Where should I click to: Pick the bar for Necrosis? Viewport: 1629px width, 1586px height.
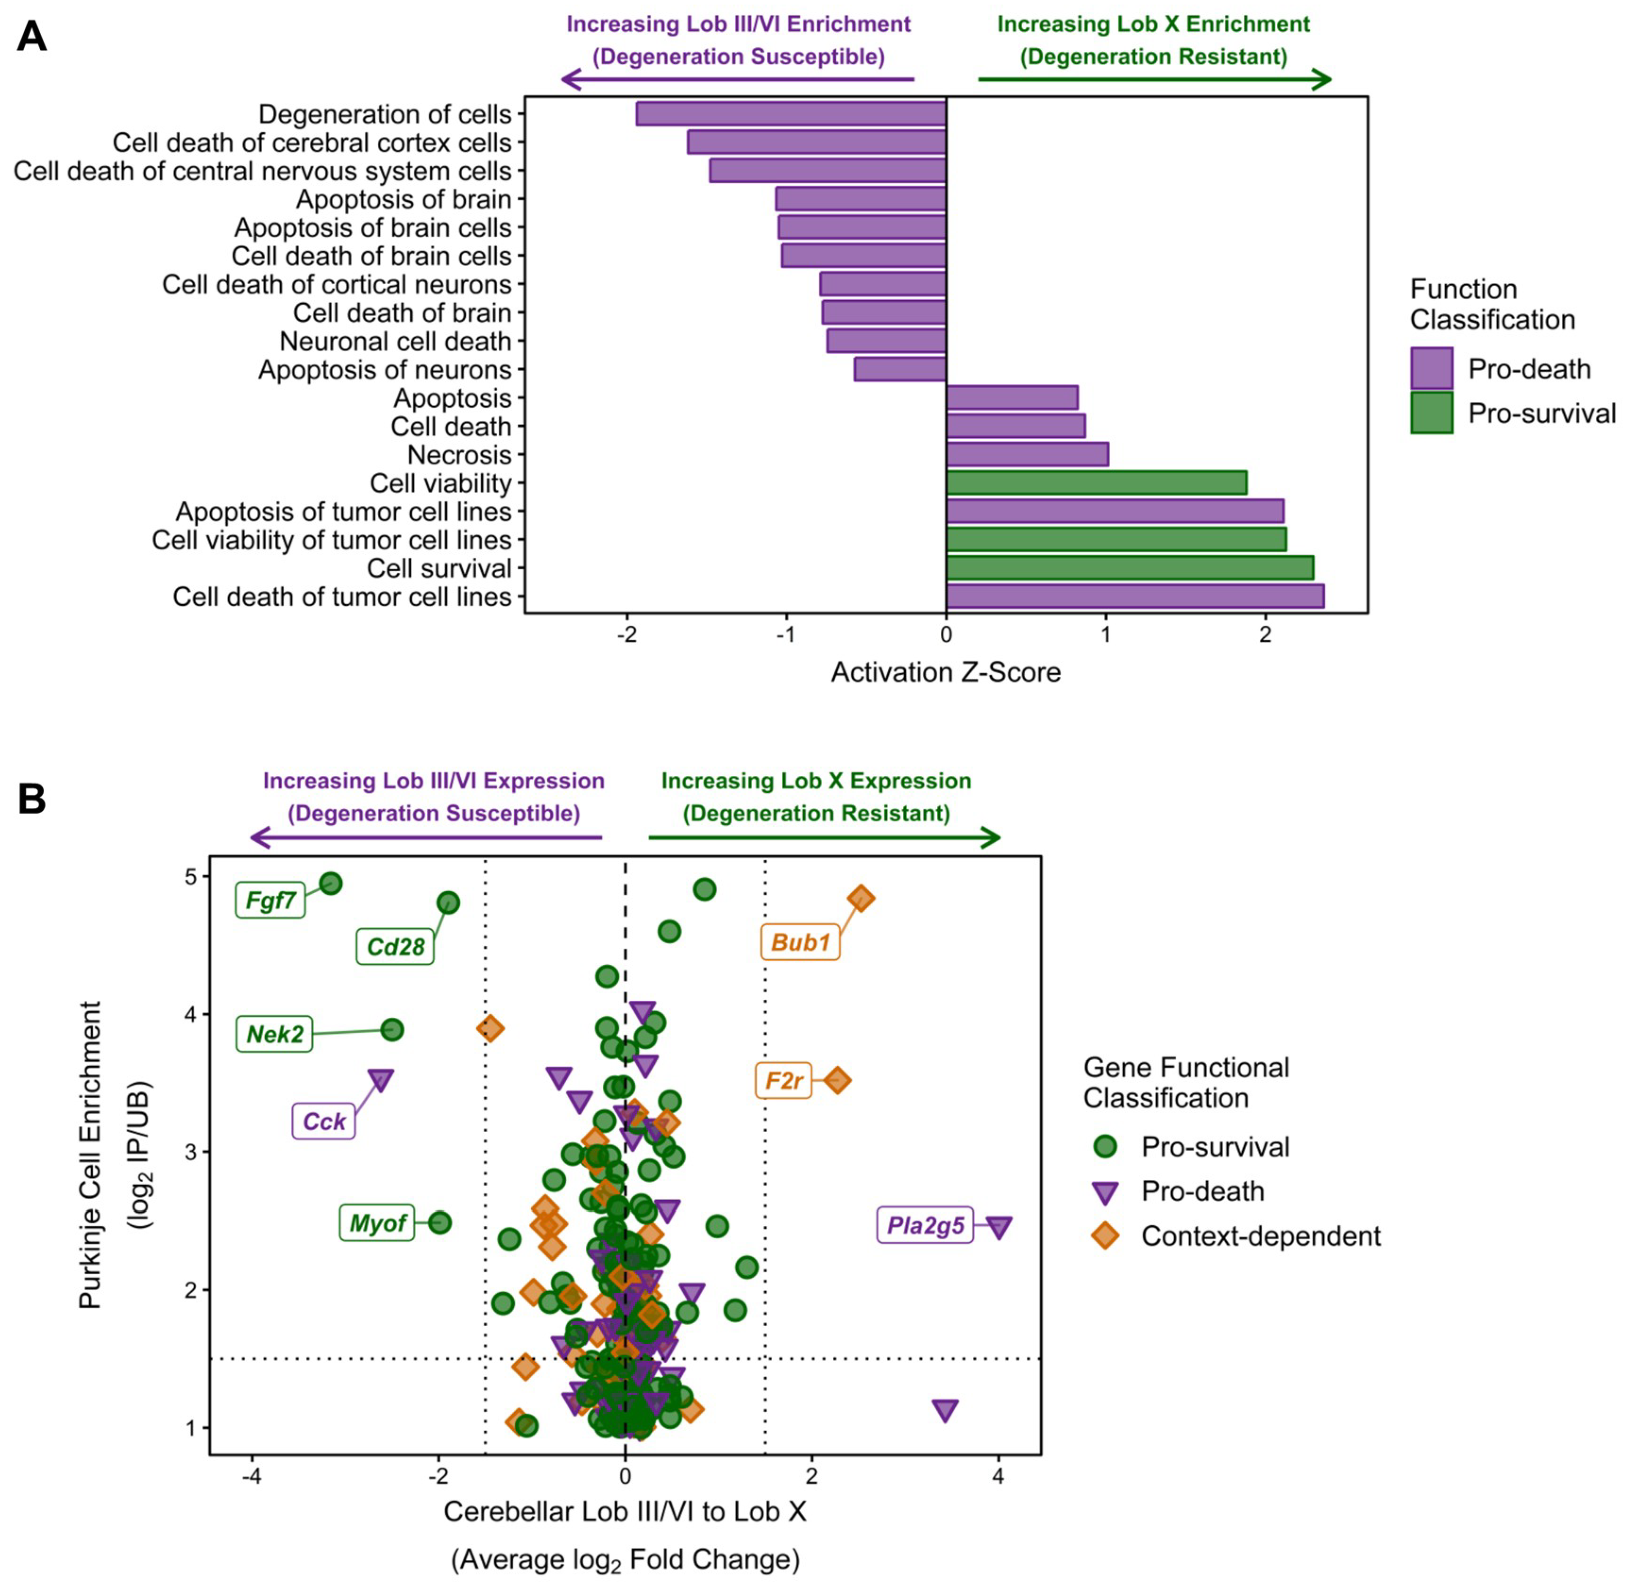point(1027,455)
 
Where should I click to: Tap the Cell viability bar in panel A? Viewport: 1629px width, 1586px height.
point(1096,483)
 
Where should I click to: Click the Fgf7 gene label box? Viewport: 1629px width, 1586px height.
point(271,900)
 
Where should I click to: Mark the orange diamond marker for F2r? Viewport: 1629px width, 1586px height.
point(838,1080)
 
